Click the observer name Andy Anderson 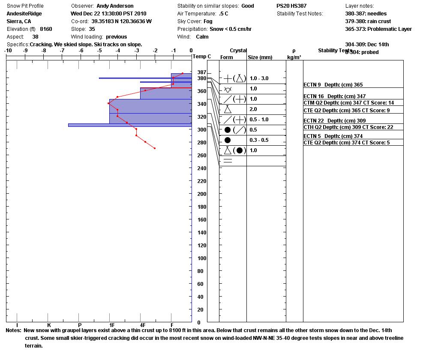(115, 6)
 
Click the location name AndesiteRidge (24, 14)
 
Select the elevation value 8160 (46, 29)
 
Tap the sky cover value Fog (208, 21)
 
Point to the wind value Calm (202, 37)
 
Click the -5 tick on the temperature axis (99, 51)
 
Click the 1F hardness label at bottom (112, 325)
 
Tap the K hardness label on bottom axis (49, 325)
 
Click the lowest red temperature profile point (155, 148)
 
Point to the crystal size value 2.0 (253, 109)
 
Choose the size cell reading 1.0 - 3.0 (259, 78)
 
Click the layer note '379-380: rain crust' (368, 21)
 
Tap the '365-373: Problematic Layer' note (378, 29)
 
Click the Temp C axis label (202, 57)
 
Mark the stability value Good (247, 6)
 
